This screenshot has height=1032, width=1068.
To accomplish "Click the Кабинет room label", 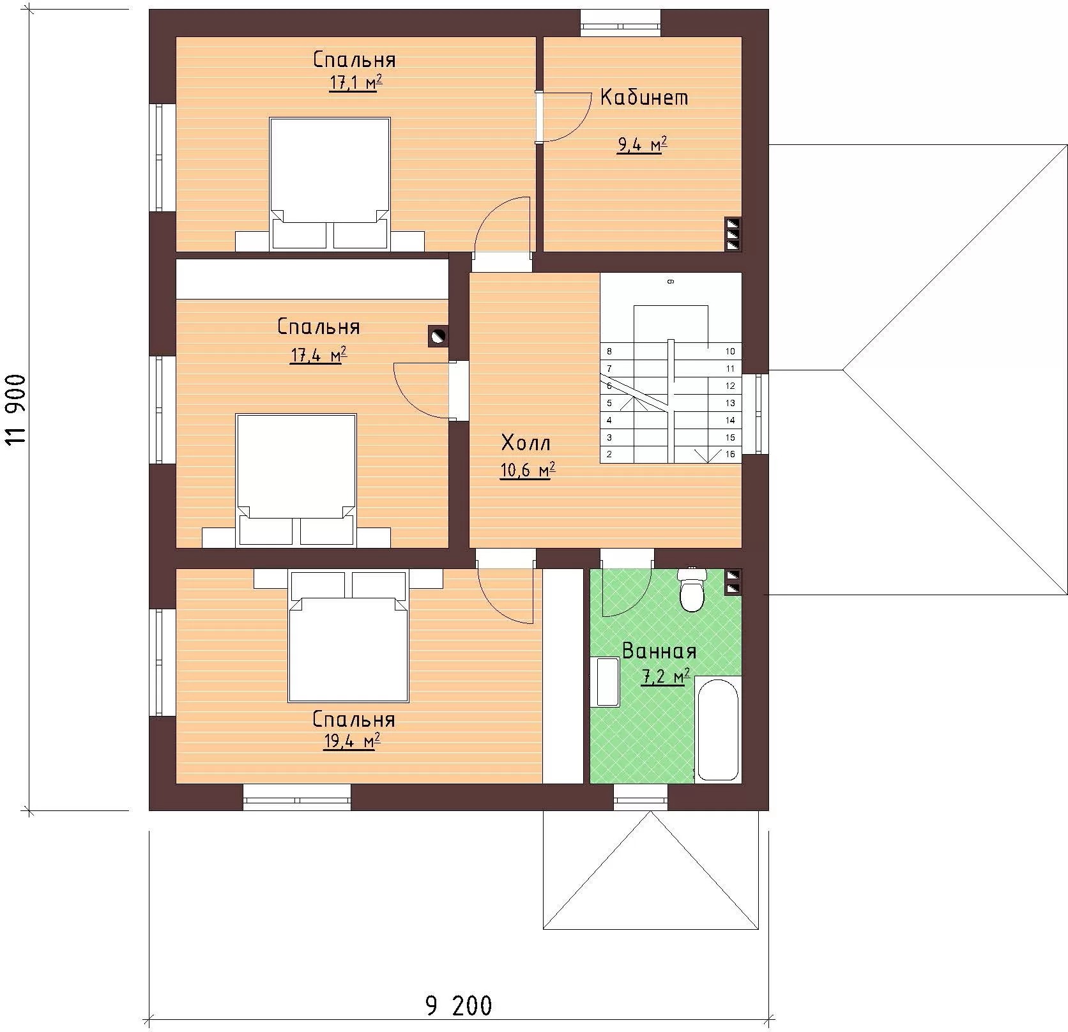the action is [644, 97].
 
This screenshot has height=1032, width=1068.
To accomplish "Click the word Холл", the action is [526, 442].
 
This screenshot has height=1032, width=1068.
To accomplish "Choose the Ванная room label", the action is [659, 651].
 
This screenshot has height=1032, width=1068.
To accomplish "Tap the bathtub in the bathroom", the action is [717, 728].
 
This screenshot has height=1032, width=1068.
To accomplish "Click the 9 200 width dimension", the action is [458, 1006].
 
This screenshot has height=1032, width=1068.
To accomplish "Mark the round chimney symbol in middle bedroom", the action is [438, 337].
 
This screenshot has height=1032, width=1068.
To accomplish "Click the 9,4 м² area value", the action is [642, 145].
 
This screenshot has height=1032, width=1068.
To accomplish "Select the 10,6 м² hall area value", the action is [527, 471].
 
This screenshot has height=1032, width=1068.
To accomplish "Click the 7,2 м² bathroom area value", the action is [665, 676].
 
